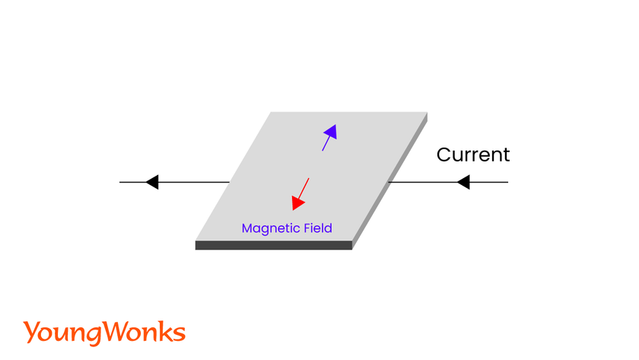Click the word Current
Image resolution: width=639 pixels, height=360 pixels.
point(472,155)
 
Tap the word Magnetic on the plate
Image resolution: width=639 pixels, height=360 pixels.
point(267,228)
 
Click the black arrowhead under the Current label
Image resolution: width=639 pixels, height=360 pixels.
point(463,183)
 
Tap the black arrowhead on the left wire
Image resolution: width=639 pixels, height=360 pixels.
point(151,183)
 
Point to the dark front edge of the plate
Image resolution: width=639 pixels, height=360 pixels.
point(274,245)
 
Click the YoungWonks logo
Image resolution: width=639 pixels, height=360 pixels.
point(104,333)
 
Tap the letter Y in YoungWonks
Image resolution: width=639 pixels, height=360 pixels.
point(30,332)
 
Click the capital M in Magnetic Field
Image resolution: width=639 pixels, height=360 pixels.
point(246,228)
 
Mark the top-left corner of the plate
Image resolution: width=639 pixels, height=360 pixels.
point(272,113)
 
